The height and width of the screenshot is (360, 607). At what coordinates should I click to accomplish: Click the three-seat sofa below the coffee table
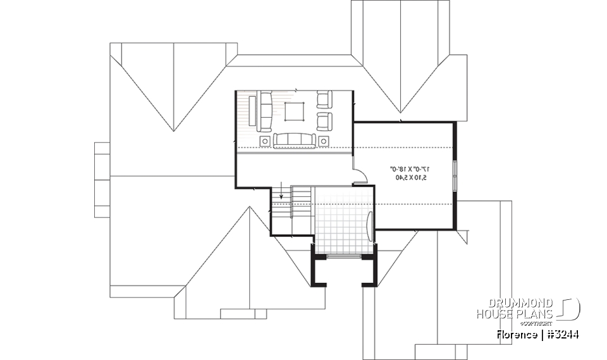(294, 140)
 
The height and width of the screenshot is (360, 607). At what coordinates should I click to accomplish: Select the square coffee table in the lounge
(294, 111)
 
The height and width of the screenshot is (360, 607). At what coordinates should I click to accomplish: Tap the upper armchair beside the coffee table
(324, 99)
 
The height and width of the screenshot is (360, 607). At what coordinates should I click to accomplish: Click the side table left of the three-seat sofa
(265, 140)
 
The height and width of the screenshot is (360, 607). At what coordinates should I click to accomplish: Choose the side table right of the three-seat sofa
(324, 140)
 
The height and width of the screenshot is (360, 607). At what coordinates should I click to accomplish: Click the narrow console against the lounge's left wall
(252, 110)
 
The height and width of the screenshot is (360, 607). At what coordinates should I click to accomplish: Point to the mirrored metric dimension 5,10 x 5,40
(411, 178)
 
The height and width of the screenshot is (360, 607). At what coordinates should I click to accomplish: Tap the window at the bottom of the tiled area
(345, 256)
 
